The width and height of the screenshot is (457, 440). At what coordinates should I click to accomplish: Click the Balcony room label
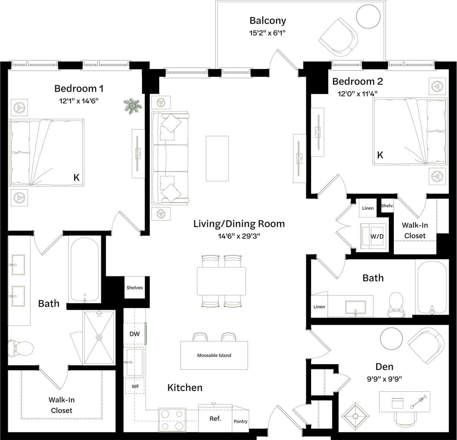coord(268,20)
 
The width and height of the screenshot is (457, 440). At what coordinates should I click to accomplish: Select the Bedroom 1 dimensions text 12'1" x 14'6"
coord(78,101)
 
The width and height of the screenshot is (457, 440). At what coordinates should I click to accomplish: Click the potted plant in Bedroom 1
coord(133,106)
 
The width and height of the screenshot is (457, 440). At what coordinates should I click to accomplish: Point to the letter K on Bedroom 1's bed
coord(76,178)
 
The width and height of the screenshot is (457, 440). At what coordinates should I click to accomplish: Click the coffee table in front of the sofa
coord(217,158)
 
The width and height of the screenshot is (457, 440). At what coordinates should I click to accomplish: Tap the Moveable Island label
coord(214,355)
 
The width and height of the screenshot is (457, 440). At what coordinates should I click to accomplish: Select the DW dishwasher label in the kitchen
coord(135,334)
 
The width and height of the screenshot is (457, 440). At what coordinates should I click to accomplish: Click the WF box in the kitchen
coord(135,387)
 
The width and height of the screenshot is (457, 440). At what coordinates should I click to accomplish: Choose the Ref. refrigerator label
coord(215,419)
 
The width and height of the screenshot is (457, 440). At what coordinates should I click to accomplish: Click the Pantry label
coord(240,421)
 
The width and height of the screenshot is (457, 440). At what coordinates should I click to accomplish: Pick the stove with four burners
coord(172,420)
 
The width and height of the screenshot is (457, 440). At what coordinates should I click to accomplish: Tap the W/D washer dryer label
coord(377,237)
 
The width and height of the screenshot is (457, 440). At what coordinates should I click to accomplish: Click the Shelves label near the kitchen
coord(135,288)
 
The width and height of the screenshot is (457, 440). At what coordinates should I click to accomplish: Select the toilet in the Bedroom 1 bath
coord(20,348)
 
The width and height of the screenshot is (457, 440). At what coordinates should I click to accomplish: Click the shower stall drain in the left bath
coord(99,338)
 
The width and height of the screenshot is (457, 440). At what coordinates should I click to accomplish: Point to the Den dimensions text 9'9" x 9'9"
coord(384,379)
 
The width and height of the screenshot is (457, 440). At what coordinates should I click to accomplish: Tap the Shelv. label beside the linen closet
coord(387,206)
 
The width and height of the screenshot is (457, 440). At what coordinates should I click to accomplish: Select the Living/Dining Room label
coord(239,224)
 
